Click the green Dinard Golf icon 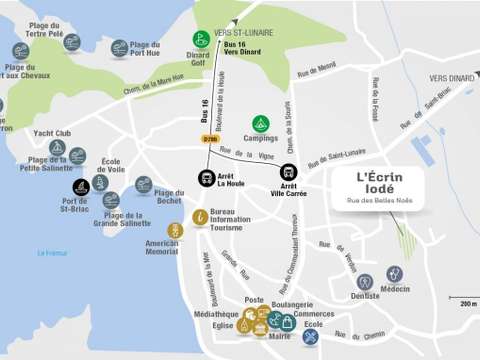201,39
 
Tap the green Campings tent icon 260,123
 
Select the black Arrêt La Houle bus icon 205,179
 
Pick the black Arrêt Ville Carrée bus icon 288,172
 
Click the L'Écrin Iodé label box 389,187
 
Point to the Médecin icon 395,273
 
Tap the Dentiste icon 365,281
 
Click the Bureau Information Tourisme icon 201,216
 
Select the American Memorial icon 175,230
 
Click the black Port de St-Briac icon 81,187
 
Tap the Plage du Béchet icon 144,184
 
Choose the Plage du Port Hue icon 119,47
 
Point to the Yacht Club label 52,133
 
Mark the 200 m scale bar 462,298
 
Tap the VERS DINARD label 450,77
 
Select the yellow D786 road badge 209,138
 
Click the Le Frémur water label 52,253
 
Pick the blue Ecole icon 311,336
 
